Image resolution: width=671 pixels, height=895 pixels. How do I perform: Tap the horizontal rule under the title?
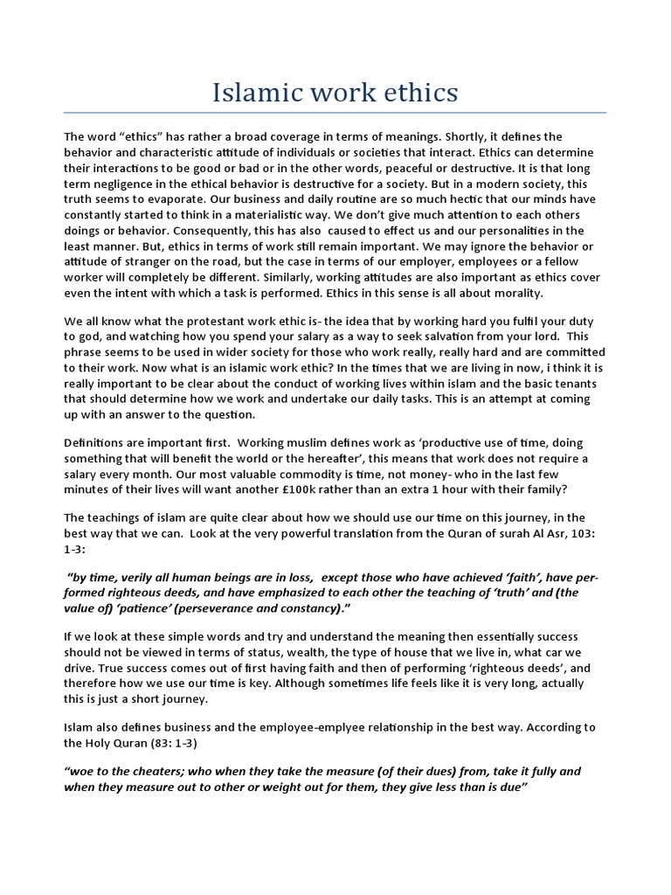click(335, 112)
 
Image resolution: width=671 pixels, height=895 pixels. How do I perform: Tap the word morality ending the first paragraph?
click(515, 293)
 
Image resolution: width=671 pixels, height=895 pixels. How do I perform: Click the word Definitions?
click(100, 443)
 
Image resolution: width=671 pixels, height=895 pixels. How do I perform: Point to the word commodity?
click(252, 475)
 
